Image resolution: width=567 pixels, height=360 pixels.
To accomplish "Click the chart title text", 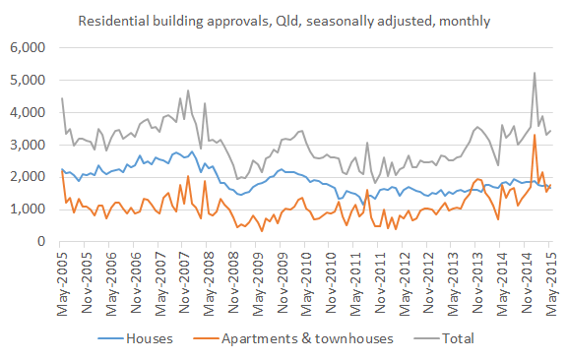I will [x=285, y=19].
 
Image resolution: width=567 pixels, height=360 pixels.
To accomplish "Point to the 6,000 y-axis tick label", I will [x=27, y=47].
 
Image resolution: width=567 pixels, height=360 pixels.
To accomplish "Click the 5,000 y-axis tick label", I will [x=27, y=80].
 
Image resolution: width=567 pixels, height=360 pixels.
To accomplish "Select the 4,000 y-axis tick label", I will [x=27, y=112].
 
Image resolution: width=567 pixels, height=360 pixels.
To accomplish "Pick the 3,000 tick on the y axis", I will [x=27, y=145].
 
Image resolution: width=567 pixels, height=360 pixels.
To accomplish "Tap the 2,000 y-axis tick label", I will [x=27, y=177].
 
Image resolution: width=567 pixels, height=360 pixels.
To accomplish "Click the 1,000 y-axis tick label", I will [x=27, y=210].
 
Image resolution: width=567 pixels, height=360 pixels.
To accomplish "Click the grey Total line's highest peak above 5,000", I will [x=534, y=73].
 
